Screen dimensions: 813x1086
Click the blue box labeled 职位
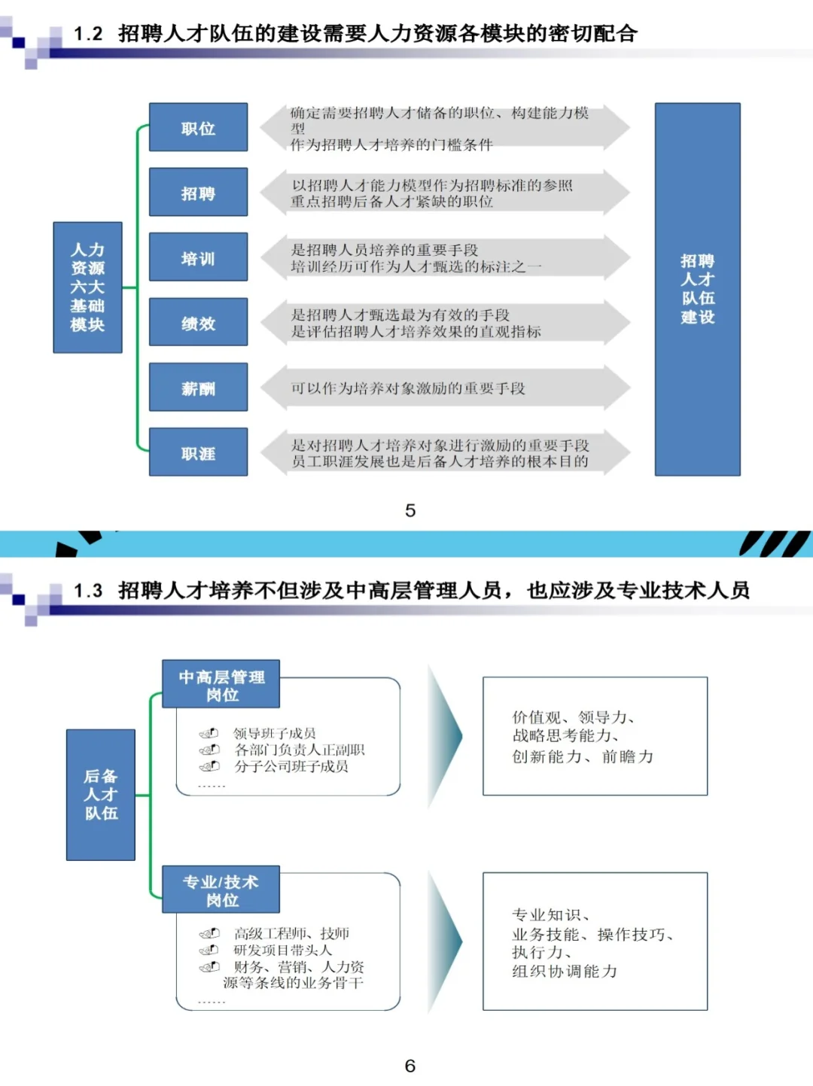coord(198,128)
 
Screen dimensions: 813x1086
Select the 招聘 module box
coord(198,193)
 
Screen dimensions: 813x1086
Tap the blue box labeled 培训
coord(198,257)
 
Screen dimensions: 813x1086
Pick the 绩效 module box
coord(198,322)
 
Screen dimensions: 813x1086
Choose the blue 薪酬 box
coord(198,388)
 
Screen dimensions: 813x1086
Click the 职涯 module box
coord(198,452)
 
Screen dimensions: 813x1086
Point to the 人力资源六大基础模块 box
coord(87,287)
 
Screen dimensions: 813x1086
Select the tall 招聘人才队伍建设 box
coord(697,289)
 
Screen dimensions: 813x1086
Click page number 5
coord(410,511)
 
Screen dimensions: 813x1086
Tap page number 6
coord(410,1066)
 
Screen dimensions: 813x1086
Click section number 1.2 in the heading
coord(88,34)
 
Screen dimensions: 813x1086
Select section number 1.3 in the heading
coord(88,591)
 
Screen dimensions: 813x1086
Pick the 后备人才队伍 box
coord(101,795)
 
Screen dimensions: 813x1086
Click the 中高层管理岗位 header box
coord(221,685)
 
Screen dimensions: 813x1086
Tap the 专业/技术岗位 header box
coord(221,890)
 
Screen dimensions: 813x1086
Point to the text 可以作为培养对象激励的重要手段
coord(408,388)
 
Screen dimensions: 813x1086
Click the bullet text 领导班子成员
coord(275,733)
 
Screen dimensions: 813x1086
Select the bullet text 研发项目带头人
coord(283,950)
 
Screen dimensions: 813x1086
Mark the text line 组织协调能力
coord(565,972)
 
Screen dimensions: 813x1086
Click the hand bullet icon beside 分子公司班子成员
coord(209,766)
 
